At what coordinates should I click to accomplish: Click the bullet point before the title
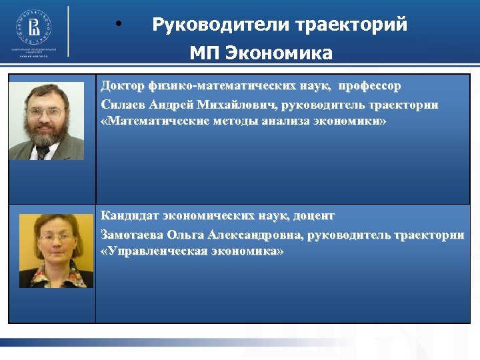118,25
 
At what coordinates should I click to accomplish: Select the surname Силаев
123,105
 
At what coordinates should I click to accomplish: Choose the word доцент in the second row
313,216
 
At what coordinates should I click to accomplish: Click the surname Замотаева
133,234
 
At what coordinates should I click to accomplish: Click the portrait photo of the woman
56,250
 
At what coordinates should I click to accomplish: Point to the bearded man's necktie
44,152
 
